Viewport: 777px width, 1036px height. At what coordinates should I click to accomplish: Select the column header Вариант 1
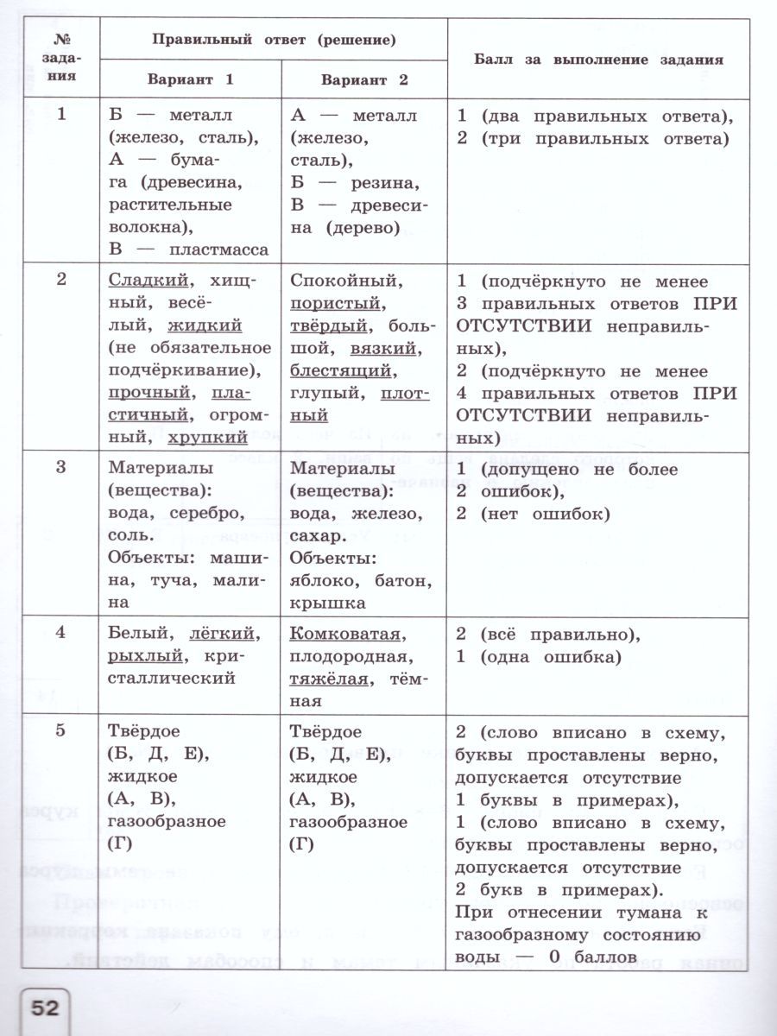click(190, 79)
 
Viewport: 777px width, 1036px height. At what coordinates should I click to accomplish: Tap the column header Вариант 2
click(364, 80)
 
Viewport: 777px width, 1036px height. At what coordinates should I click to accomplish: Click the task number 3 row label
click(60, 468)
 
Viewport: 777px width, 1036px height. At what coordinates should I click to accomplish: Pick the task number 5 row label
click(60, 732)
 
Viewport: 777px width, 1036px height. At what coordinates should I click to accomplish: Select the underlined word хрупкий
click(207, 438)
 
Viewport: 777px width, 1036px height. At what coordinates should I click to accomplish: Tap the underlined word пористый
click(335, 303)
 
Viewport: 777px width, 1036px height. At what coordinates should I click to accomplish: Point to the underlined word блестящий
click(342, 370)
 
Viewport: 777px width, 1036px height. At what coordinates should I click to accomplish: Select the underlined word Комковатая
click(345, 634)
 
